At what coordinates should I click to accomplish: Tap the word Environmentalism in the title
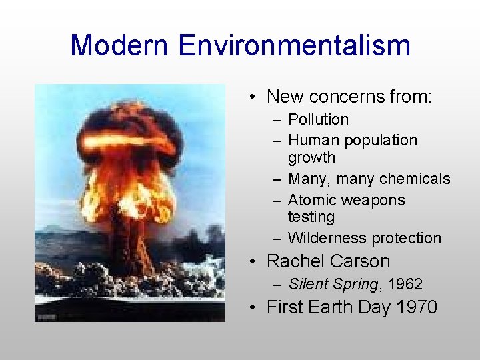point(294,46)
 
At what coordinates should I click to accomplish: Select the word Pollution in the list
point(318,119)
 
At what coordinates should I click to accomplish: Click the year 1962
point(405,284)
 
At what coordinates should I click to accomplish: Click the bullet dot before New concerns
point(253,97)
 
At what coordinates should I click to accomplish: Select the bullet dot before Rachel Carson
point(253,262)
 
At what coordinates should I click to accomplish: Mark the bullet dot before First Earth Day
point(253,308)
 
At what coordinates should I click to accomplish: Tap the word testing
point(311,217)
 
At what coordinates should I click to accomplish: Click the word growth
point(311,158)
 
